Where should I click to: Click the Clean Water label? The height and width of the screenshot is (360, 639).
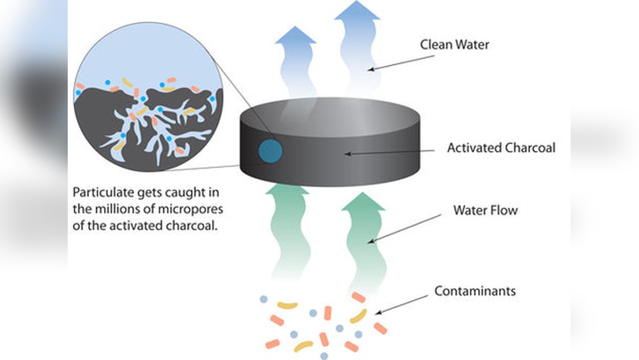tap(454, 45)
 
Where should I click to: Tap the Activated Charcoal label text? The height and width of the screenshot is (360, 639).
tap(501, 148)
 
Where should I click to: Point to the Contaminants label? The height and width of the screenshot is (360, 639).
tap(475, 291)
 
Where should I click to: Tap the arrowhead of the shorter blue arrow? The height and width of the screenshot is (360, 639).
tap(295, 37)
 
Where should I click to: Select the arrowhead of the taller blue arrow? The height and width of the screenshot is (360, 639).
tap(357, 12)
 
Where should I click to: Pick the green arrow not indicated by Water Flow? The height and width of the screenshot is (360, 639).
tap(290, 230)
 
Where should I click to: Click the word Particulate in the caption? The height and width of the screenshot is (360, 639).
tap(100, 192)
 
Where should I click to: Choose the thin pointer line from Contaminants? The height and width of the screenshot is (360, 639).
tap(402, 304)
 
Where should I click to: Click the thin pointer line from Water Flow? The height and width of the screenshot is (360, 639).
tap(405, 227)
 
